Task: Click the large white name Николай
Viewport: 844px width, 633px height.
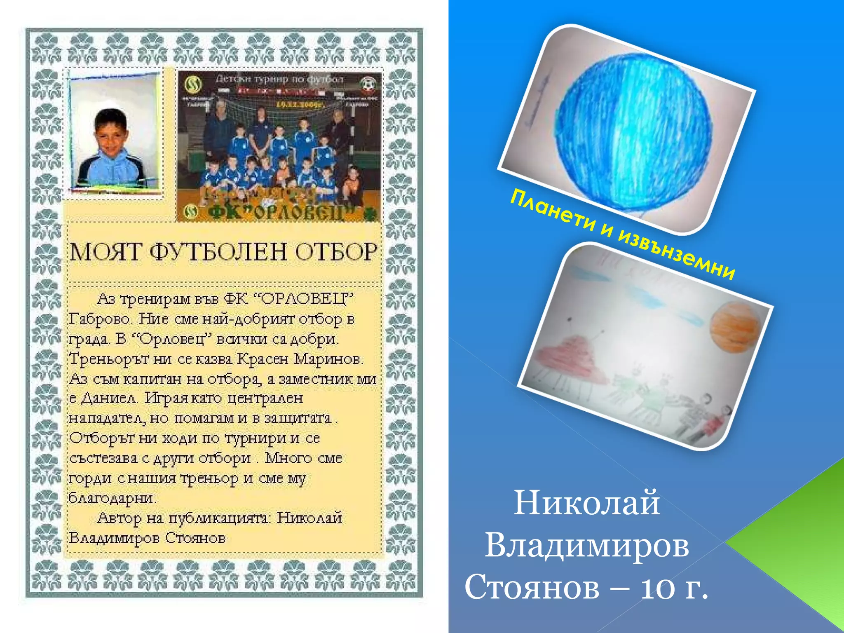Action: click(587, 503)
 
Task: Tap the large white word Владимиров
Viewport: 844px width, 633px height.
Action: click(587, 545)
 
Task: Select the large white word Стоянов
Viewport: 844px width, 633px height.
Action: click(532, 587)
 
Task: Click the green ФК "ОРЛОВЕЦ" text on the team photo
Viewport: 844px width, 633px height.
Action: click(280, 212)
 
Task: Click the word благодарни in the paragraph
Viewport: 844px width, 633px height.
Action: click(112, 498)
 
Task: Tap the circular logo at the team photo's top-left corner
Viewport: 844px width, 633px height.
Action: click(192, 84)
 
